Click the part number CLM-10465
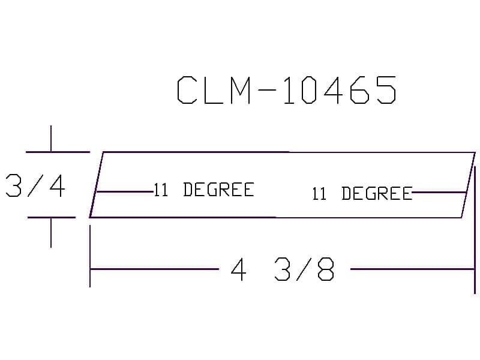pyautogui.click(x=287, y=91)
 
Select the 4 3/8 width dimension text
pyautogui.click(x=282, y=271)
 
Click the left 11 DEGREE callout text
pyautogui.click(x=204, y=190)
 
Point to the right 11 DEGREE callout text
pyautogui.click(x=362, y=194)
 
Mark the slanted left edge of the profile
pyautogui.click(x=97, y=185)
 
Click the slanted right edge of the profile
pyautogui.click(x=468, y=185)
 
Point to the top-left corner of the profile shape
pyautogui.click(x=104, y=152)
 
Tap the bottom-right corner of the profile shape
pyautogui.click(x=461, y=217)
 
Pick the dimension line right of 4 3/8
pyautogui.click(x=412, y=269)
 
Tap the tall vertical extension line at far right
pyautogui.click(x=475, y=228)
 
